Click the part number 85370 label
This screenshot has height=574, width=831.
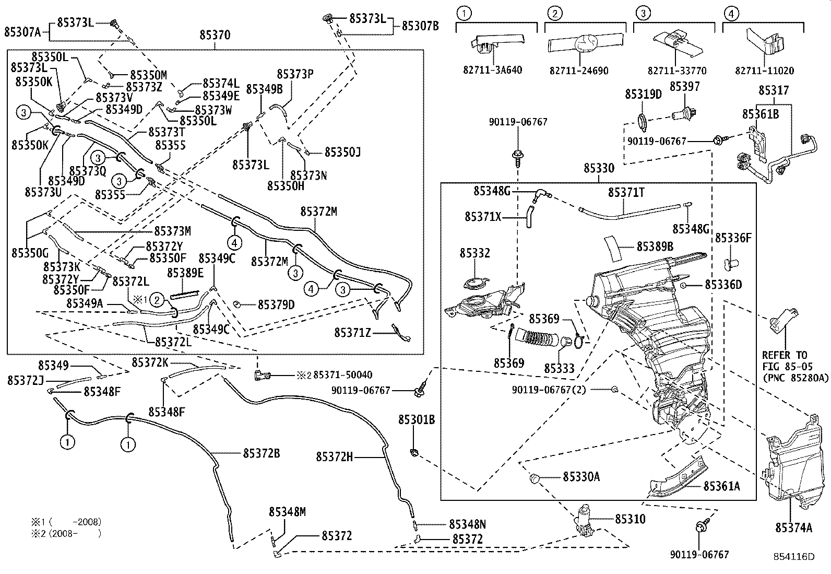[215, 35]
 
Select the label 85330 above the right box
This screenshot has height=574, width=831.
[599, 168]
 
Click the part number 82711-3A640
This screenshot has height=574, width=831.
[493, 70]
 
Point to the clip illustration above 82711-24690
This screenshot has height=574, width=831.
[585, 43]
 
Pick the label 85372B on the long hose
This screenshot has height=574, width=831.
[261, 453]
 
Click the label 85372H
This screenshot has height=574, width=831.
[335, 457]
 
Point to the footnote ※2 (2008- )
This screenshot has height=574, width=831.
[65, 533]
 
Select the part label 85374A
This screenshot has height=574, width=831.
[793, 528]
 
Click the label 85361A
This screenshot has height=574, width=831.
[721, 486]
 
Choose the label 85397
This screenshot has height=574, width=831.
[684, 86]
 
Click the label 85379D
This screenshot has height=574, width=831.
[276, 304]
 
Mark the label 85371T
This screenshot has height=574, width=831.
[626, 193]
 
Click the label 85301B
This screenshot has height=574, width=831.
[417, 419]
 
